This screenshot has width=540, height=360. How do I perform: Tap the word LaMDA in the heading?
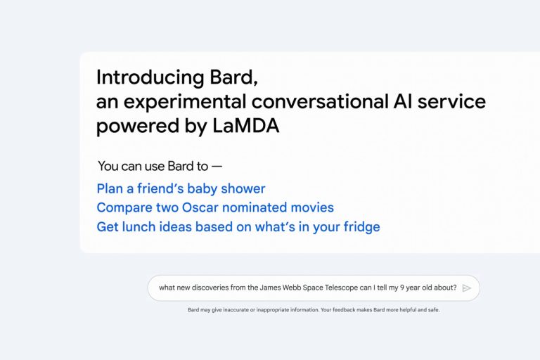(246, 125)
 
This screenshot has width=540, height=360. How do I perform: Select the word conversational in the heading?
(320, 101)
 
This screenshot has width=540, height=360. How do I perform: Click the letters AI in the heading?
(403, 101)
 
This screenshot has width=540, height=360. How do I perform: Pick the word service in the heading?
(451, 101)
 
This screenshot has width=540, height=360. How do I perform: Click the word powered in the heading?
(137, 127)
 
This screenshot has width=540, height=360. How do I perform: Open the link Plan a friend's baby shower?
(181, 188)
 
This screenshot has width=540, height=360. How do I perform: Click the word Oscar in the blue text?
(200, 207)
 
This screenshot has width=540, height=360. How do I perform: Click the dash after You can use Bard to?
(217, 167)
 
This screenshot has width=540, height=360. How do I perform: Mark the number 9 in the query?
(402, 288)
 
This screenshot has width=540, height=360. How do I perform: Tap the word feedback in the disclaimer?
(344, 309)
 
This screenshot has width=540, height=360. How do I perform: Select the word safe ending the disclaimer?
(434, 309)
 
